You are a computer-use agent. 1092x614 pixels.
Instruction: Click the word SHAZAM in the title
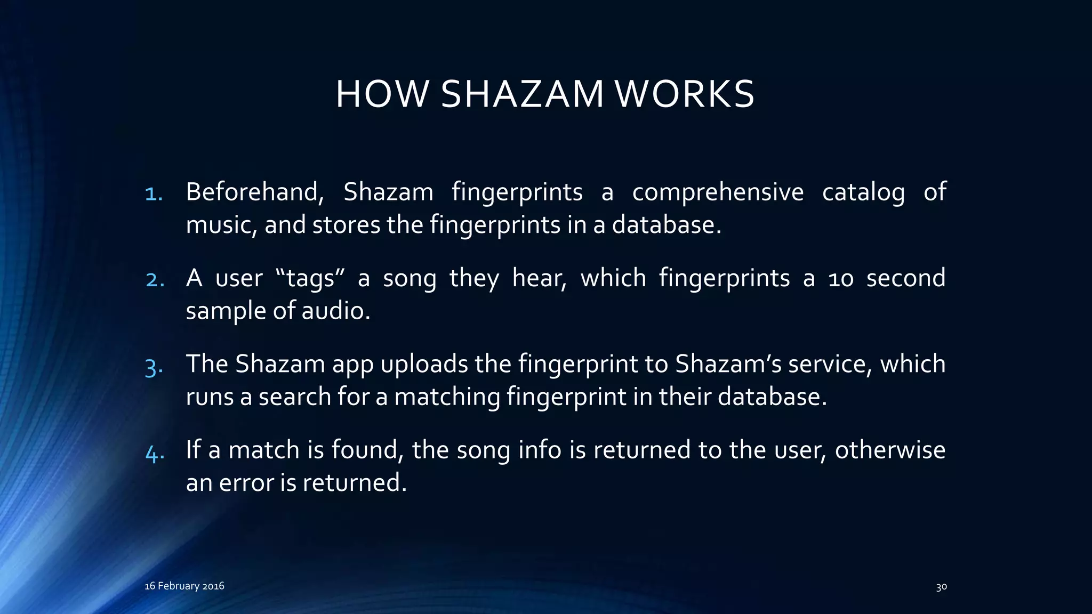(523, 94)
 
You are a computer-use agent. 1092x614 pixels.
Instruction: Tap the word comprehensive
(717, 192)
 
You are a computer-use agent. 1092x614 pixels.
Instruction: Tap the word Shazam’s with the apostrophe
(728, 364)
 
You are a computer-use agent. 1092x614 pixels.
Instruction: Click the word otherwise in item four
(890, 450)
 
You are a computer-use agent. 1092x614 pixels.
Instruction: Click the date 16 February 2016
(184, 586)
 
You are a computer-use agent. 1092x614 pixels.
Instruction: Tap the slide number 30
(941, 587)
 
